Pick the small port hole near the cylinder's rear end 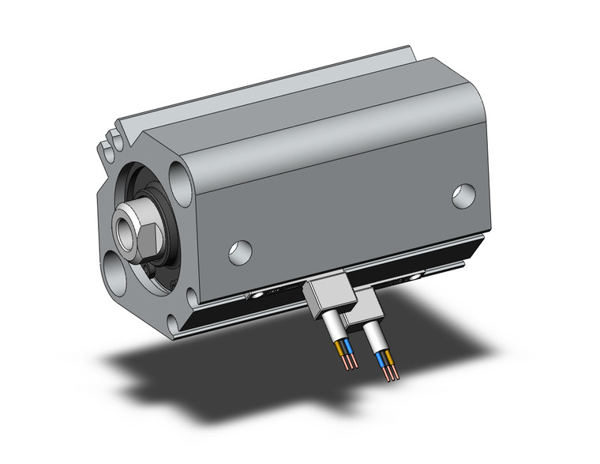[x=464, y=194]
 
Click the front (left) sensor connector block [x=324, y=295]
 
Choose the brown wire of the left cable [x=340, y=349]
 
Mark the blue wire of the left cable [x=347, y=349]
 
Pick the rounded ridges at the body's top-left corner [x=110, y=142]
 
